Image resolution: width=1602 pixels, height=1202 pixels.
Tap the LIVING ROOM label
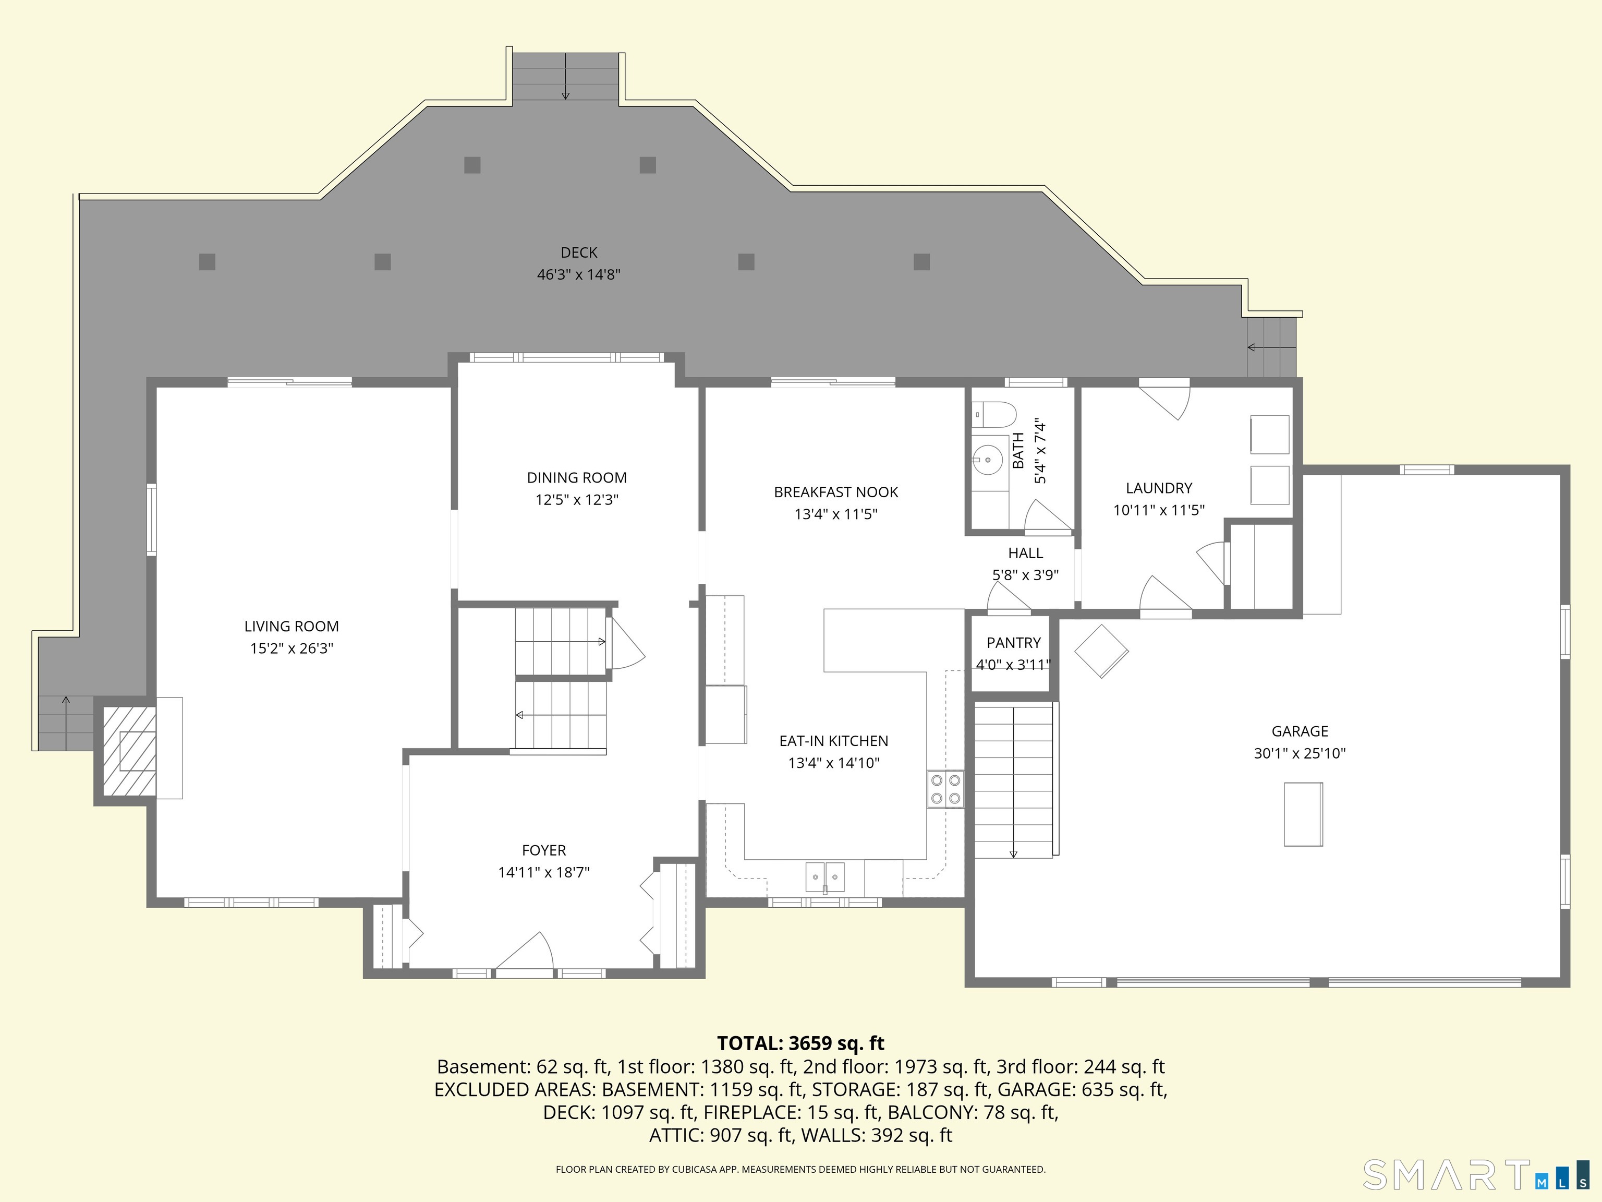[x=291, y=627]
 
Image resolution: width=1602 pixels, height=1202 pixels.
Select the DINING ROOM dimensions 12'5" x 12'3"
[x=576, y=500]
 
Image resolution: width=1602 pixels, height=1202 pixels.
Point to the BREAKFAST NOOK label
[x=836, y=492]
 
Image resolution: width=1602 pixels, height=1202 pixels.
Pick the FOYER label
[x=544, y=850]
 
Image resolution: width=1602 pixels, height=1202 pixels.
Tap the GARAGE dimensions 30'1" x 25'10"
[x=1299, y=753]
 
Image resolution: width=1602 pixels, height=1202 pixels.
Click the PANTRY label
[x=1013, y=643]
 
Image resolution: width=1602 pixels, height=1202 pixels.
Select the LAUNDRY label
[x=1159, y=488]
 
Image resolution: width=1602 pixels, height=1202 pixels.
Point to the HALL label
[x=1026, y=554]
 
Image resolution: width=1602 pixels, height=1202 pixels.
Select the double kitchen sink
[x=825, y=876]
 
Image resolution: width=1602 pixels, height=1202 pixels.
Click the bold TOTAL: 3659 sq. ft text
[x=800, y=1043]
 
